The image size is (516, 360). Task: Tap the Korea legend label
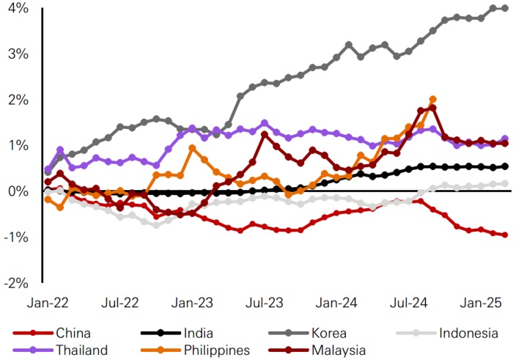pos(333,334)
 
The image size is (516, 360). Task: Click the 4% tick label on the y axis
pos(18,9)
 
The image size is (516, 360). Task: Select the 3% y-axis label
pos(18,54)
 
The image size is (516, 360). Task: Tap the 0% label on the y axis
pos(18,191)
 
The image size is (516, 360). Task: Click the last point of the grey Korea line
pos(504,8)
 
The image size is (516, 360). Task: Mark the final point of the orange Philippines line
pos(432,99)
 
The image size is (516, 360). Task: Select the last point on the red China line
pos(504,235)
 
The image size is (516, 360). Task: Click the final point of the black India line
pos(504,166)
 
